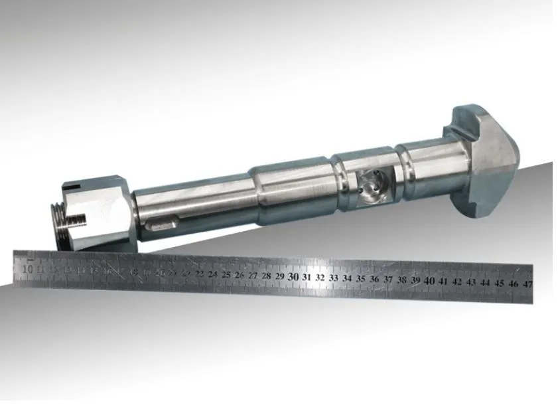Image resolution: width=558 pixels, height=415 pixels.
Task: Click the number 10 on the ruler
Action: [28, 269]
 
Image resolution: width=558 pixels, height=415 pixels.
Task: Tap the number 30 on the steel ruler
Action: [293, 276]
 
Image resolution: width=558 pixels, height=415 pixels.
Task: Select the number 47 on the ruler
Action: [527, 284]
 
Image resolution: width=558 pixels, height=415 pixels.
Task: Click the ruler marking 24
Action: [212, 274]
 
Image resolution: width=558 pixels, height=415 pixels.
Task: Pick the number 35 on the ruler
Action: [361, 279]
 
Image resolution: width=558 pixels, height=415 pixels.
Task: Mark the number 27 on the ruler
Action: [253, 275]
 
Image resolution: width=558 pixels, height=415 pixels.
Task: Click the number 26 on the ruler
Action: [240, 275]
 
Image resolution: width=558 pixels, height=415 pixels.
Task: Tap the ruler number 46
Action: [513, 283]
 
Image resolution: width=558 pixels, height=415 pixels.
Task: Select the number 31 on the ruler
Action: [307, 277]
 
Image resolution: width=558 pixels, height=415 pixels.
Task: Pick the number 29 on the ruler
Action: [279, 276]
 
